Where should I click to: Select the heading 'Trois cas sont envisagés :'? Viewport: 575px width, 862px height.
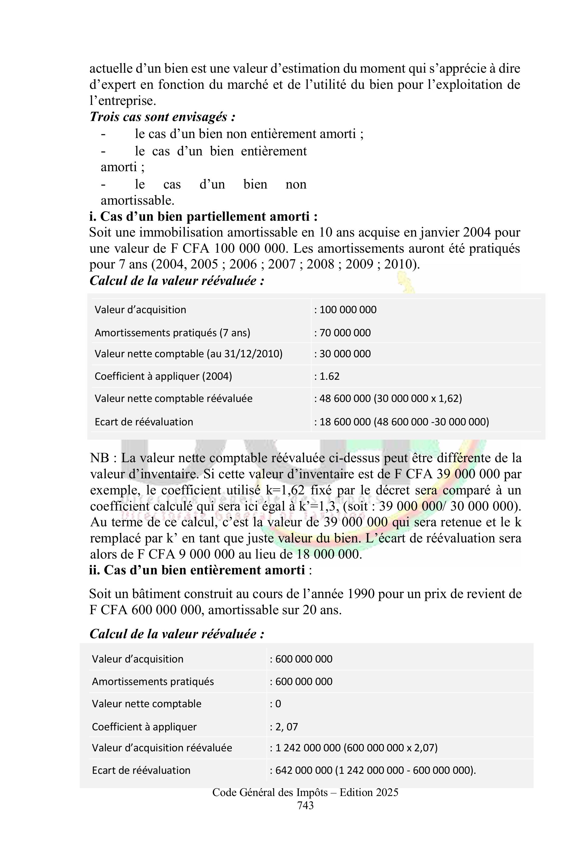162,117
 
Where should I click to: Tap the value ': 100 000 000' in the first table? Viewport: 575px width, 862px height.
345,310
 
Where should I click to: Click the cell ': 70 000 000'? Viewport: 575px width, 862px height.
342,333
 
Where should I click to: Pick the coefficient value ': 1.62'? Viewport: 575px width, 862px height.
327,376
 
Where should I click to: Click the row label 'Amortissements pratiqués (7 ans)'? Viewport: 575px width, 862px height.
172,333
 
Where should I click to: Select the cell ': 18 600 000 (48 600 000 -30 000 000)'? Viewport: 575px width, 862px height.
402,422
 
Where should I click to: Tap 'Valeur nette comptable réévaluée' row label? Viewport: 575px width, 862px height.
173,398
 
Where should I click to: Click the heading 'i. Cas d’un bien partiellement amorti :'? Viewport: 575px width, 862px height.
203,216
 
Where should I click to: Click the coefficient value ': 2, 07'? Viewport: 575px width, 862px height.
284,726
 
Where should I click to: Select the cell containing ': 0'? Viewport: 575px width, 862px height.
275,704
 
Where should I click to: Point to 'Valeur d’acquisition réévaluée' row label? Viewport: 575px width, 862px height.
162,748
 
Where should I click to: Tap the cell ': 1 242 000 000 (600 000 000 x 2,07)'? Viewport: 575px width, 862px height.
354,748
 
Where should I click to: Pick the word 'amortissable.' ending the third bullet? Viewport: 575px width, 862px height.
138,200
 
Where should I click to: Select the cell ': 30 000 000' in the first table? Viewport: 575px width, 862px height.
342,354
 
